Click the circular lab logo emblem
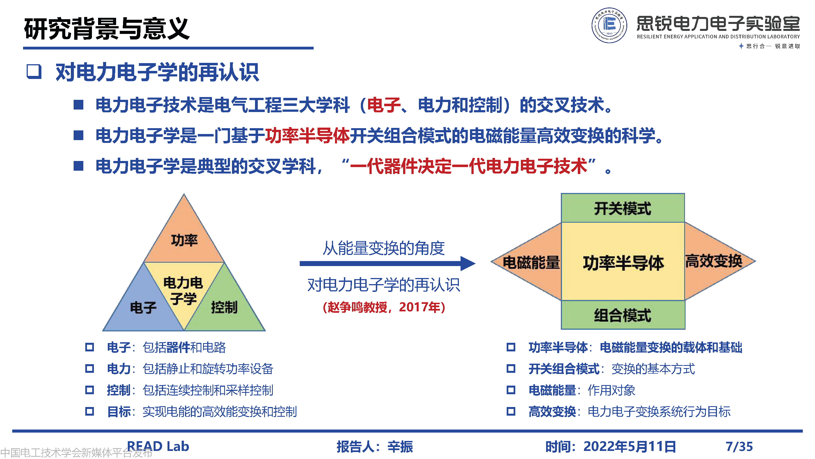[x=609, y=25]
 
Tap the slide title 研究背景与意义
[x=107, y=29]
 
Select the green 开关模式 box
[x=623, y=208]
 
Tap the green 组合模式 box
[x=623, y=315]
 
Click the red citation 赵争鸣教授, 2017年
[x=384, y=307]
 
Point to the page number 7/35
[x=739, y=446]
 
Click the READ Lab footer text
[x=158, y=446]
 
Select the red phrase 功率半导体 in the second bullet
[x=307, y=135]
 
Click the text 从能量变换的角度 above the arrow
[x=384, y=248]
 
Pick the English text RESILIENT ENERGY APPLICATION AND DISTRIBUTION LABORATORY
[x=718, y=37]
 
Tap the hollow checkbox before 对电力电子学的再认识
[x=34, y=71]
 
